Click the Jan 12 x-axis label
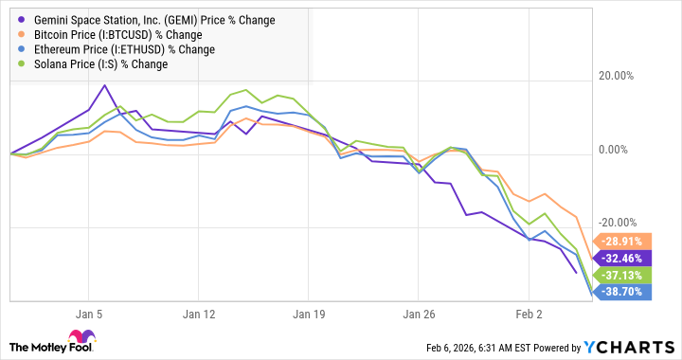point(199,314)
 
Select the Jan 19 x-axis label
point(309,314)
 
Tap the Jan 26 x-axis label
point(419,314)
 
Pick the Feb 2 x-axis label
point(529,314)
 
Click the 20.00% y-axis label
point(626,77)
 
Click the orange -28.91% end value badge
point(619,242)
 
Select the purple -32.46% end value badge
point(619,258)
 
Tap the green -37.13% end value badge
point(619,275)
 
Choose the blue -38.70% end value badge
point(619,292)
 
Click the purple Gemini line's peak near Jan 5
point(104,85)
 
